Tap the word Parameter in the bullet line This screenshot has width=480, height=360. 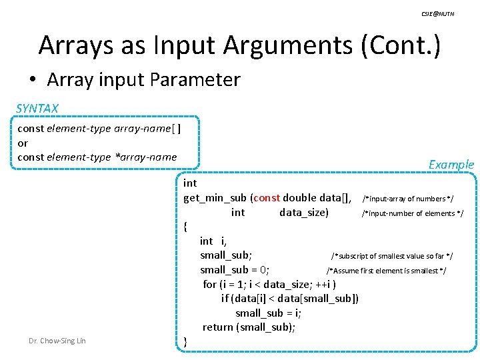[195, 80]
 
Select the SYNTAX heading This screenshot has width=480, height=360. [37, 108]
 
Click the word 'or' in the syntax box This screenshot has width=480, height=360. [23, 143]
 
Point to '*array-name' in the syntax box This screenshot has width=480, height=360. [146, 157]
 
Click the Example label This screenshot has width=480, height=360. [451, 164]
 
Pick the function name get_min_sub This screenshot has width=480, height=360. [215, 197]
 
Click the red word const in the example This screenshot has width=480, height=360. [267, 197]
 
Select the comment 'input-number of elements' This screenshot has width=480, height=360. [412, 213]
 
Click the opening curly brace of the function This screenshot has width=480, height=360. [185, 227]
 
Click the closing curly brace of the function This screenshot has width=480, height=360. [185, 341]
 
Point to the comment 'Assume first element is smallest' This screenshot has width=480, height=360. [386, 271]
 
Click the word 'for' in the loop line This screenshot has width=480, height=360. [210, 284]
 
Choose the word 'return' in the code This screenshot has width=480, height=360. [218, 327]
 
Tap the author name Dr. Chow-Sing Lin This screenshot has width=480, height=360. [57, 341]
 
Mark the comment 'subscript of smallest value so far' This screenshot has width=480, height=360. [392, 256]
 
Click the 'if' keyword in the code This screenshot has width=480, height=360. [225, 298]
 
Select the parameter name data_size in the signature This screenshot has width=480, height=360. [303, 212]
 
